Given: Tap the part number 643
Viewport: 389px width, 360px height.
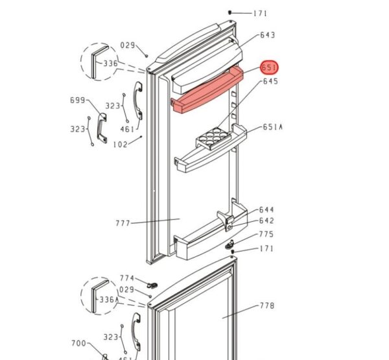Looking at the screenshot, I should [268, 35].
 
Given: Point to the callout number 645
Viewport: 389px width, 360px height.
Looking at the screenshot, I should [270, 82].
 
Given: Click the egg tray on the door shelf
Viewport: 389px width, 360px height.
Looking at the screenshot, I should [210, 137].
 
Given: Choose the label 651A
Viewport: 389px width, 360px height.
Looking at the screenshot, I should [272, 128].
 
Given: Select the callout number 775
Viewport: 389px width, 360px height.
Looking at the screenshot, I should [266, 235].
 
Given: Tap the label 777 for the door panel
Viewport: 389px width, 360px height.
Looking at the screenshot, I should [123, 223].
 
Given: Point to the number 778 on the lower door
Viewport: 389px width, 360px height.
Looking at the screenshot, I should [267, 306].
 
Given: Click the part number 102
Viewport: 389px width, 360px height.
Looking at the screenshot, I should [120, 145].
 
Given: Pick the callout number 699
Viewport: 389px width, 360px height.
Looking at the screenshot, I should [78, 101].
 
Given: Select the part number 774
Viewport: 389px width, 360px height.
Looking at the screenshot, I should [126, 278].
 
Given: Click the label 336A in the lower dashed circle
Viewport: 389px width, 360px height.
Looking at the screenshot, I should [110, 300].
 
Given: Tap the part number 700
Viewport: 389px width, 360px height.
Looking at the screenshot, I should [78, 343].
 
